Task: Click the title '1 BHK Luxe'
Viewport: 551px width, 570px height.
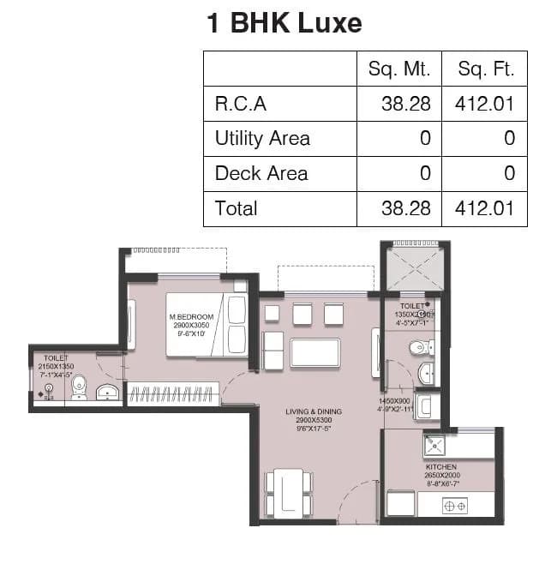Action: pyautogui.click(x=284, y=22)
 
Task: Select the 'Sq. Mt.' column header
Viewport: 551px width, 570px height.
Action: pyautogui.click(x=398, y=69)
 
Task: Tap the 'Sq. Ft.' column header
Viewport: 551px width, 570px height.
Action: pyautogui.click(x=486, y=69)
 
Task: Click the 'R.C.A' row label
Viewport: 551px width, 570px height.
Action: pyautogui.click(x=241, y=104)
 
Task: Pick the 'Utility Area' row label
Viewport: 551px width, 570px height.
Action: pyautogui.click(x=262, y=139)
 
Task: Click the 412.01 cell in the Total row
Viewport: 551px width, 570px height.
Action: pyautogui.click(x=486, y=208)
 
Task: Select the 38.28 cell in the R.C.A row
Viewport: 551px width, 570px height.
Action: pyautogui.click(x=405, y=104)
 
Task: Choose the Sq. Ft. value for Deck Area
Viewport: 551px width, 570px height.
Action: pyautogui.click(x=509, y=173)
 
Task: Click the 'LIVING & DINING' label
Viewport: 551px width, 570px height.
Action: pyautogui.click(x=314, y=412)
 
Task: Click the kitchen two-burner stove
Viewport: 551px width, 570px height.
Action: pyautogui.click(x=454, y=506)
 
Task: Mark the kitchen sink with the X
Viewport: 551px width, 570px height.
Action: pyautogui.click(x=434, y=446)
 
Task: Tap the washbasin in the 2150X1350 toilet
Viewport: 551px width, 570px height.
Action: pyautogui.click(x=107, y=393)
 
